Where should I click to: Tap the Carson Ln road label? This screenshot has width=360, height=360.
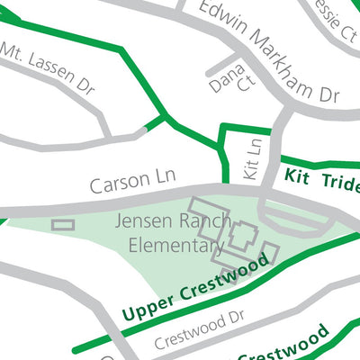coord(131,182)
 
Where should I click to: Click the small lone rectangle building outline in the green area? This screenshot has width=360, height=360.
coord(63,224)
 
